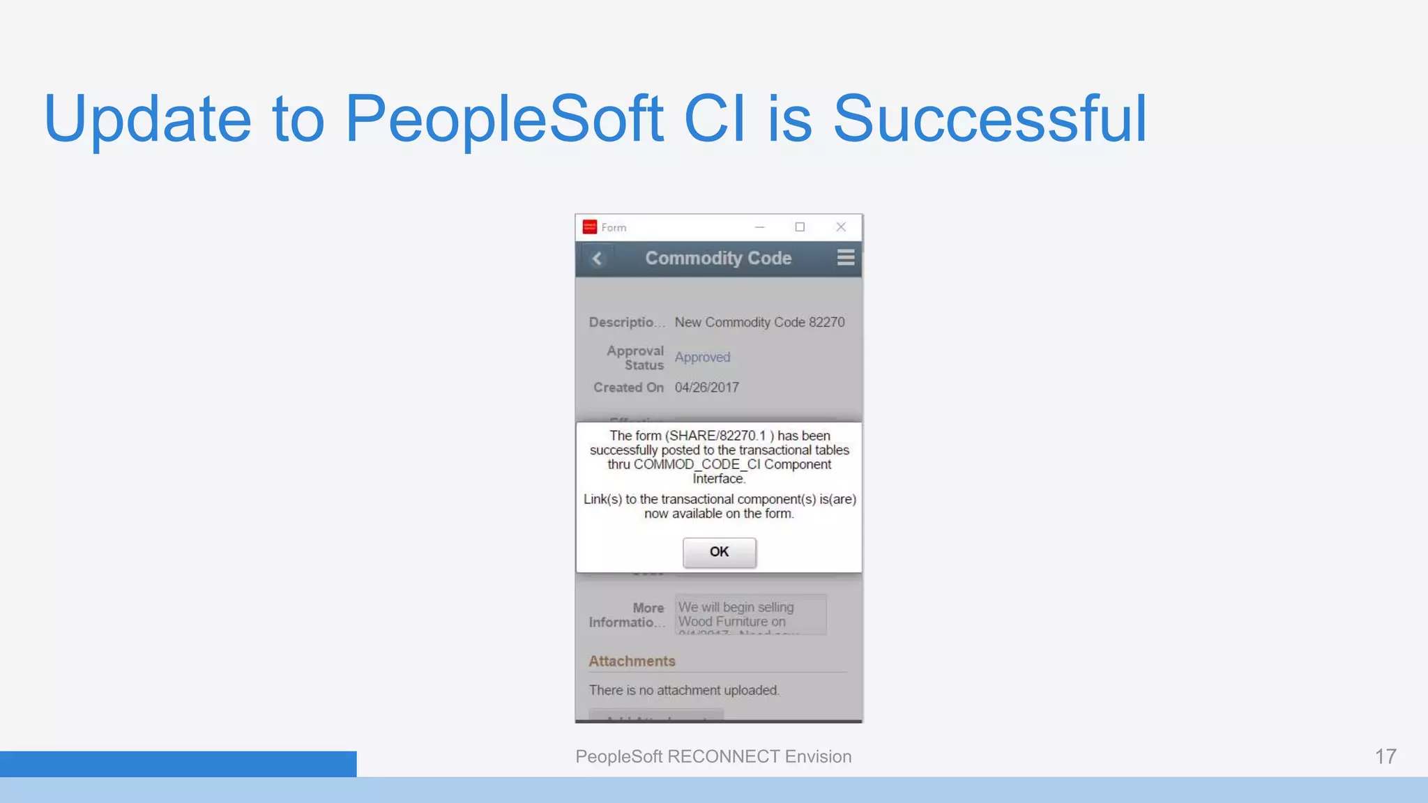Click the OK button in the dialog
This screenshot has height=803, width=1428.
point(719,552)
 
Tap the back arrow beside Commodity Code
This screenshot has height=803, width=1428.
point(597,259)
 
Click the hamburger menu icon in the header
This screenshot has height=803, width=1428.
point(845,258)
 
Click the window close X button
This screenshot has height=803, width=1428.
point(841,227)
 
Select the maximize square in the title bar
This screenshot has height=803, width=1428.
point(800,227)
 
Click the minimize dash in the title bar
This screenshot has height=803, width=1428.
point(759,227)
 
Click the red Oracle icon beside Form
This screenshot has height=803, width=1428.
point(590,227)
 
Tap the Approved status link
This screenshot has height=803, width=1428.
point(702,357)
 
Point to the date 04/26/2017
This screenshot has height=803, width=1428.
point(706,388)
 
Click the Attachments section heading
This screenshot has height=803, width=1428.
point(632,661)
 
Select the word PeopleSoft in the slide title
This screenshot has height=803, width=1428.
point(503,118)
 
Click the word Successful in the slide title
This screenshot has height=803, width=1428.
point(989,118)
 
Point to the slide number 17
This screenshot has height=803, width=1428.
point(1385,756)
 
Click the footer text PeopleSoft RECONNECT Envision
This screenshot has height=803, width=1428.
point(713,756)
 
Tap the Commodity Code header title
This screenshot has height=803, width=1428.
point(718,259)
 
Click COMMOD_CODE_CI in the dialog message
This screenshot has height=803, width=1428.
point(697,464)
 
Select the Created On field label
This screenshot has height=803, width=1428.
point(628,388)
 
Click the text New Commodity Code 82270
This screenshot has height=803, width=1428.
point(759,322)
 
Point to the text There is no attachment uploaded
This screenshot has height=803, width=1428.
point(683,690)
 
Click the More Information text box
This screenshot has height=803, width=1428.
point(750,614)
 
